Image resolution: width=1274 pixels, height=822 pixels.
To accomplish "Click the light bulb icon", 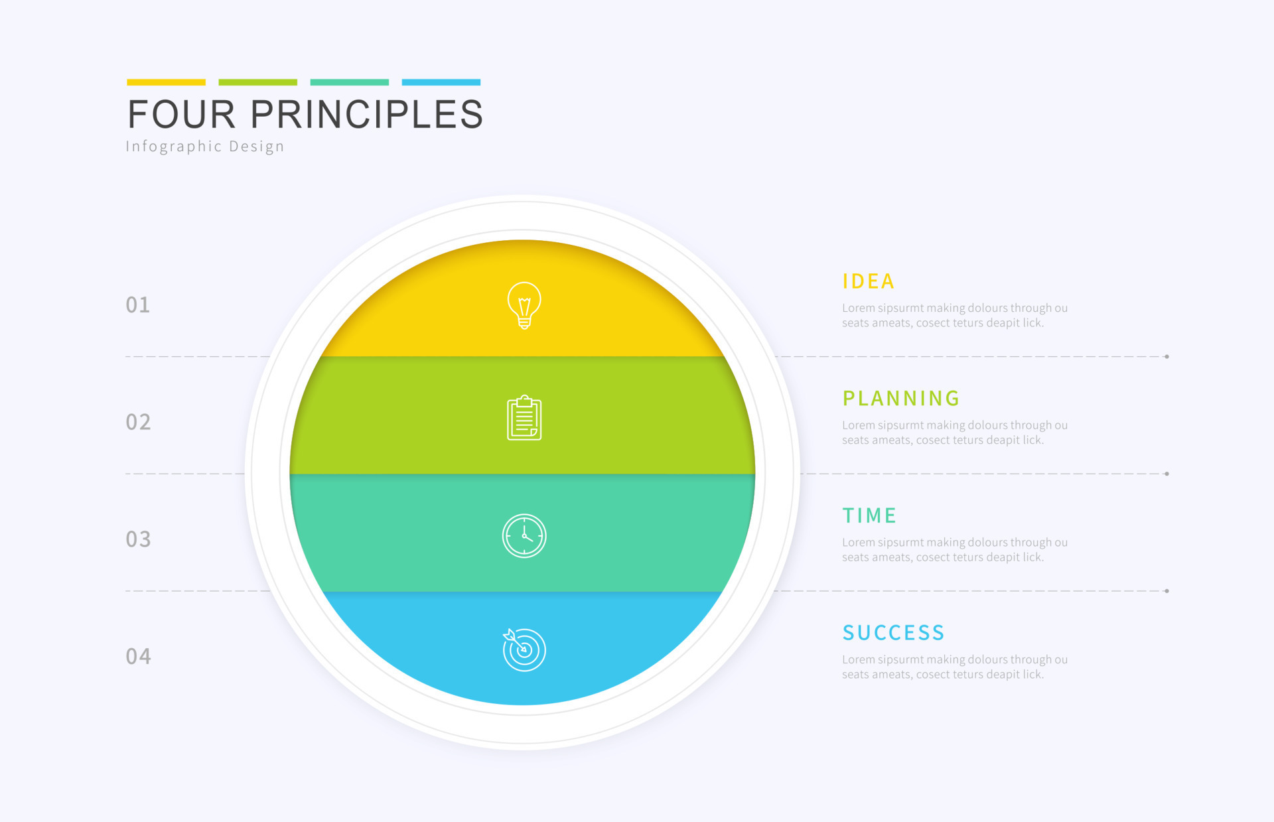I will [524, 305].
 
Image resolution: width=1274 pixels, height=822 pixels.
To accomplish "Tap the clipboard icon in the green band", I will [524, 418].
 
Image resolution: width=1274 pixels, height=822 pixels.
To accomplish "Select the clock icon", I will [524, 535].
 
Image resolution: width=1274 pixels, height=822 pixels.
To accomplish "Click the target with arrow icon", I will [524, 650].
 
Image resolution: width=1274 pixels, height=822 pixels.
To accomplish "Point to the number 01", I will [138, 305].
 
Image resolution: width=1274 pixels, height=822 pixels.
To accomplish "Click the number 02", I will [138, 423].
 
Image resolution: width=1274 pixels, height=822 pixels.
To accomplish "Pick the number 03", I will [138, 539].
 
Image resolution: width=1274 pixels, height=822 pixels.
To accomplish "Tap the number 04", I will [138, 657].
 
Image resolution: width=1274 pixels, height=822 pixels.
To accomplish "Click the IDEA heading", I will [868, 281].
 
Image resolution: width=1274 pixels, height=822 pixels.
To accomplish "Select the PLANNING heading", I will [900, 398].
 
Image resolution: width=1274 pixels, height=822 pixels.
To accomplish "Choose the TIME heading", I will [869, 515].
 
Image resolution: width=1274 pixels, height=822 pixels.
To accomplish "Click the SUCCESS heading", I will [893, 633].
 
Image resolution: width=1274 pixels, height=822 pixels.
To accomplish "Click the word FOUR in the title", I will [181, 114].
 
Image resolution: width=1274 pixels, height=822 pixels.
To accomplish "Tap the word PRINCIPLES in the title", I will [366, 114].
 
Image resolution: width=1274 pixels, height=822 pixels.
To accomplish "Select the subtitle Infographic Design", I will [204, 147].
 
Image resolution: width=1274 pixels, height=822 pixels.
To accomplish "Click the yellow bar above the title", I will [166, 82].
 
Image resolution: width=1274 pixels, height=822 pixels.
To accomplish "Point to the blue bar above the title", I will [441, 82].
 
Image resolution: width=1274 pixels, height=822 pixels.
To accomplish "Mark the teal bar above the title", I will [349, 82].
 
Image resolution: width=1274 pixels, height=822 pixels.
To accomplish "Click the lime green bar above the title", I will [257, 82].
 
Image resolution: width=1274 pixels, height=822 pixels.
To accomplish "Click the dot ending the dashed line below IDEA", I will [1167, 357].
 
